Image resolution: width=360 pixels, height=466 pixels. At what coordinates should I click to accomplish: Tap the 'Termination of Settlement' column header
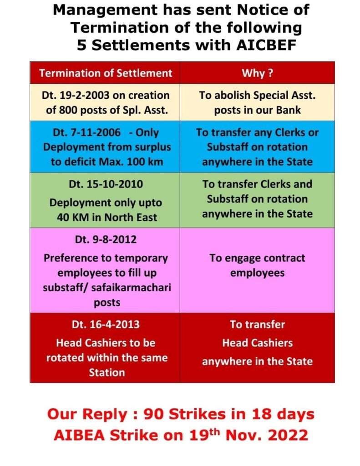106,73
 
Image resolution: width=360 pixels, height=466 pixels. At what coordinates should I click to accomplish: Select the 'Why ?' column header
257,73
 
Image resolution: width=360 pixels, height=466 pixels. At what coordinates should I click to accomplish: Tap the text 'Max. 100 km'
132,162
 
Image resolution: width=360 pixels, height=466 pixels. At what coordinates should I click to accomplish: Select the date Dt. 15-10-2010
105,184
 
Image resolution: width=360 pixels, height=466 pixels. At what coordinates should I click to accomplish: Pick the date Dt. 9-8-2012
105,239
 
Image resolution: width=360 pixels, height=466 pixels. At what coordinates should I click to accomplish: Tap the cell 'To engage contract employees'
257,265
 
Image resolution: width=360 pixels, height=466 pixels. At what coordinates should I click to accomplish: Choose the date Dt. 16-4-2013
105,324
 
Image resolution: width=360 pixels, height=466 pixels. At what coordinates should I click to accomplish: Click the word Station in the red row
106,372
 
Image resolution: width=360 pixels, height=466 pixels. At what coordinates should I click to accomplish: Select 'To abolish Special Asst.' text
257,96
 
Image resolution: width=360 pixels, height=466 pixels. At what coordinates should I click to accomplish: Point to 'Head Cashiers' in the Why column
257,343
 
